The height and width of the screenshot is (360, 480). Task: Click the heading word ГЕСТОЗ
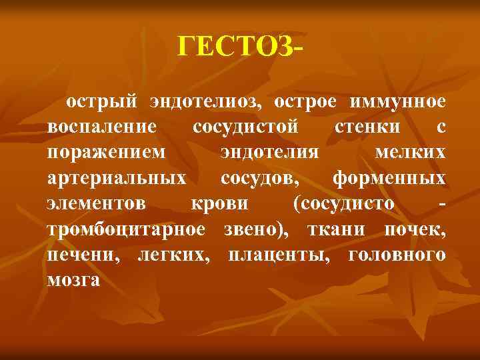click(237, 46)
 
